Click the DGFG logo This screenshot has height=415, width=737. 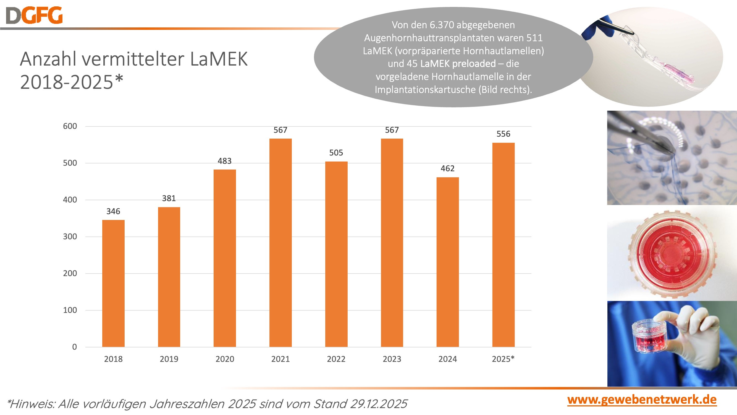point(34,15)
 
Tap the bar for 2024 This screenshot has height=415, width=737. point(447,262)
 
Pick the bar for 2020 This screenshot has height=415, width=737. point(225,258)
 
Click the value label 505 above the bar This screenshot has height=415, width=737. point(336,153)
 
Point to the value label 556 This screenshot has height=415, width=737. point(503,134)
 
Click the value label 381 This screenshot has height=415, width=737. point(169,198)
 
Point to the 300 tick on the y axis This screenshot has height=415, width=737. point(70,237)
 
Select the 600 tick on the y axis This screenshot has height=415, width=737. point(70,126)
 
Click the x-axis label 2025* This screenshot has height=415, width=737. point(503,359)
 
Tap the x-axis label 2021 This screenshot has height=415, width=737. point(280,359)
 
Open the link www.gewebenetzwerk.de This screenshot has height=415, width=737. point(642,400)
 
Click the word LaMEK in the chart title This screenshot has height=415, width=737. point(219,59)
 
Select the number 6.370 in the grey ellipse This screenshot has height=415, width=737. point(442,25)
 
